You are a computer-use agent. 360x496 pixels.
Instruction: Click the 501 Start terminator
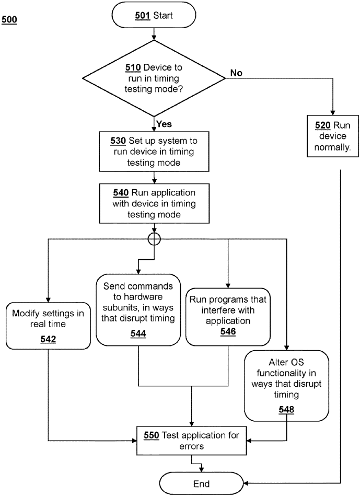[154, 16]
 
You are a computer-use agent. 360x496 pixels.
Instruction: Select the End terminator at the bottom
[202, 483]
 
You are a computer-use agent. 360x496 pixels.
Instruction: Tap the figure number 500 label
[9, 20]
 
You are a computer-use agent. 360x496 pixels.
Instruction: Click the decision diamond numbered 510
[154, 78]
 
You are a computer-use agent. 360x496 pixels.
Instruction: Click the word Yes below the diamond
[164, 124]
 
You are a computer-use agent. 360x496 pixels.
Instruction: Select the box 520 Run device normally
[333, 135]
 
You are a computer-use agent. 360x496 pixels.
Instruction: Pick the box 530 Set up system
[154, 151]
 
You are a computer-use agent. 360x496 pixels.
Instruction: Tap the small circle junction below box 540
[155, 239]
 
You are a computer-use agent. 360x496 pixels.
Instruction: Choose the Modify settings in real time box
[48, 325]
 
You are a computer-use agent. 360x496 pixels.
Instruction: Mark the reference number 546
[228, 331]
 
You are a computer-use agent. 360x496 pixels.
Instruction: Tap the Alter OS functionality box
[286, 385]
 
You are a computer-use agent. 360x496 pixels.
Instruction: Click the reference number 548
[286, 410]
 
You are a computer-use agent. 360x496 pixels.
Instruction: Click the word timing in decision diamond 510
[166, 78]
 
